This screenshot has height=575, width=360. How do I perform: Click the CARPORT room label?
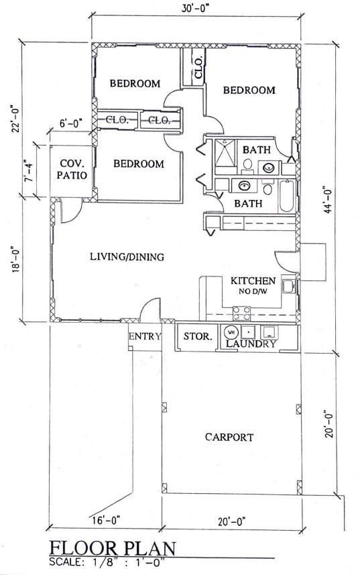click(229, 437)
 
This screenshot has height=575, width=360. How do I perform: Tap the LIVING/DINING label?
click(127, 257)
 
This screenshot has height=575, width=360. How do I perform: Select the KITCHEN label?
click(253, 281)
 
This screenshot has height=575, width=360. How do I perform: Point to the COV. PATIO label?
click(72, 169)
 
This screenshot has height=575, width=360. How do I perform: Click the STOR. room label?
click(198, 336)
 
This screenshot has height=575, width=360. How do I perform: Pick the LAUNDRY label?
click(251, 344)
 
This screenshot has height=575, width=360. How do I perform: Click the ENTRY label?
click(145, 336)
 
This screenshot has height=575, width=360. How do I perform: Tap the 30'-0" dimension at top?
click(197, 9)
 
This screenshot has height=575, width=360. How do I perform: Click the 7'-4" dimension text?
click(28, 171)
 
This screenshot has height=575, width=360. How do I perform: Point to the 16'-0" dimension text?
click(105, 520)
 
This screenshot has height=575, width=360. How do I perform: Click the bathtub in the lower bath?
click(287, 196)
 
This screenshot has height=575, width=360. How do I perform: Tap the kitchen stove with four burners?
click(242, 313)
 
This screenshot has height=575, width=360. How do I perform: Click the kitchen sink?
click(288, 286)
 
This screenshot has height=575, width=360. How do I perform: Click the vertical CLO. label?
click(199, 68)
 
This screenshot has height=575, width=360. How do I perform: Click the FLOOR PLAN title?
click(113, 549)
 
